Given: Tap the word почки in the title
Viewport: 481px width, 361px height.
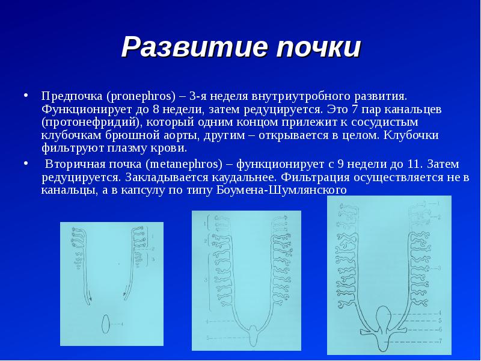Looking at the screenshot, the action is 319,47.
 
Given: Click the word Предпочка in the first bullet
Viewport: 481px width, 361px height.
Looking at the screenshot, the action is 72,96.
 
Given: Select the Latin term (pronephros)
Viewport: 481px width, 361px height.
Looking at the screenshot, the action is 141,96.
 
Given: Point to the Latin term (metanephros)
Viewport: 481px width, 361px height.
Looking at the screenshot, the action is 184,164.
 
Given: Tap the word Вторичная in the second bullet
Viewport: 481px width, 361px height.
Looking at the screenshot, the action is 76,164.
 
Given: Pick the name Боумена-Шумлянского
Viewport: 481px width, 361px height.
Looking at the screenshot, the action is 281,190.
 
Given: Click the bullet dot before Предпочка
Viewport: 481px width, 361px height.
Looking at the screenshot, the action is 26,95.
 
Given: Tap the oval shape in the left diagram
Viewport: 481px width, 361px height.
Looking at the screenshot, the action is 106,324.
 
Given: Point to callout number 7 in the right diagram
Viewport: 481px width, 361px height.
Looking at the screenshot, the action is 440,341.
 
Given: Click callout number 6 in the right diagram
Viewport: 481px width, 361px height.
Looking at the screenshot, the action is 440,330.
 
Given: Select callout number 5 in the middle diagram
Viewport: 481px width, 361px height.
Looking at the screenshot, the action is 207,338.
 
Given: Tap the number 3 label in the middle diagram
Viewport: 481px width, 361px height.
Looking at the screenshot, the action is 206,280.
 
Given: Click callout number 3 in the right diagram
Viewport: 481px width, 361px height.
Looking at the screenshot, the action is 440,268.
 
